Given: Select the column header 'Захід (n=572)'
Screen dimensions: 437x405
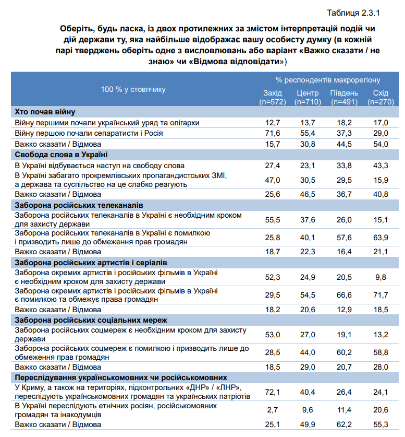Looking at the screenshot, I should [x=273, y=97].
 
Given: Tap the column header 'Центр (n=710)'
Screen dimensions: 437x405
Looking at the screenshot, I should [x=308, y=97].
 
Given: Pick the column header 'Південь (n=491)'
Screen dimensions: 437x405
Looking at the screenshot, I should [x=343, y=97].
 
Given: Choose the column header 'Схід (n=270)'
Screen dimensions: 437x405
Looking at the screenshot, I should [x=381, y=97].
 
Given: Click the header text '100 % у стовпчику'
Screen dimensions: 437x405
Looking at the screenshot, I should [x=133, y=89].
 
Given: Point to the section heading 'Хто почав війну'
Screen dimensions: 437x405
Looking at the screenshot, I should [x=45, y=112].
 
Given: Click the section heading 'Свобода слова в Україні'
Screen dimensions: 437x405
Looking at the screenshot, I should [x=61, y=155].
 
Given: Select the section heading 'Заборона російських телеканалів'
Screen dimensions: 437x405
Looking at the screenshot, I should [x=79, y=205].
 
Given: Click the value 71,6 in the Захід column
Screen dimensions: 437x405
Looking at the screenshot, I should [x=273, y=133].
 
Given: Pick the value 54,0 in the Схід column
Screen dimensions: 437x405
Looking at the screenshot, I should [x=381, y=144].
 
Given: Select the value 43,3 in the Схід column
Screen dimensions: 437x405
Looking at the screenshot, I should [x=381, y=165].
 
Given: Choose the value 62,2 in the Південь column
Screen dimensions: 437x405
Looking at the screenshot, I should [x=343, y=424].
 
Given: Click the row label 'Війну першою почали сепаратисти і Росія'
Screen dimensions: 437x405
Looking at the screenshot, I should [x=89, y=133].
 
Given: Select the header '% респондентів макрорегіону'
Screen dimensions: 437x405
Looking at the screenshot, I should [x=328, y=80].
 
